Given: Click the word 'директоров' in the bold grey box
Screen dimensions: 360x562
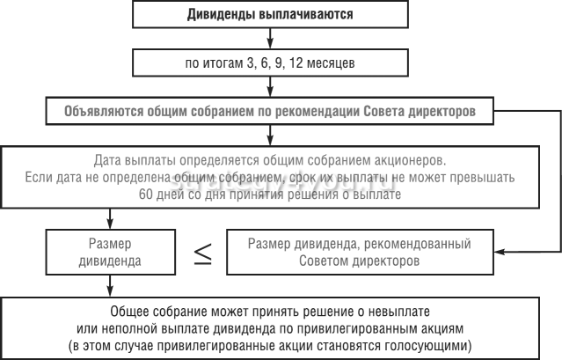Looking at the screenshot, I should coord(444,113).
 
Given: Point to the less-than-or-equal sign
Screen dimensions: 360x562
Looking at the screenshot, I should coord(202,252).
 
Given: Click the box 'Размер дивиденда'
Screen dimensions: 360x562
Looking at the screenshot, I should coord(111,252).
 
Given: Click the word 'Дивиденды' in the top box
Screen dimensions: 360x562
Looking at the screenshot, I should coord(218,15).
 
